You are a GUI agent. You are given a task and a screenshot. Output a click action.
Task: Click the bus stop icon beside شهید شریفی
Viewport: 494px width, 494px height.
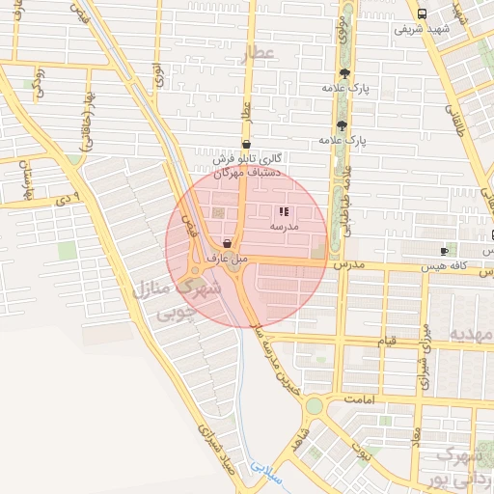click(x=422, y=14)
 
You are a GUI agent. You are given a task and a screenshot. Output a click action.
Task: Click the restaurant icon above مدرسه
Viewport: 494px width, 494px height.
click(x=283, y=211)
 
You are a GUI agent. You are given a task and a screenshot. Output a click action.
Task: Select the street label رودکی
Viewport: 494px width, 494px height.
click(x=40, y=82)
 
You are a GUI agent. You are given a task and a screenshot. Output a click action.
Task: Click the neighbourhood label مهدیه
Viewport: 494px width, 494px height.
click(x=470, y=333)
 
